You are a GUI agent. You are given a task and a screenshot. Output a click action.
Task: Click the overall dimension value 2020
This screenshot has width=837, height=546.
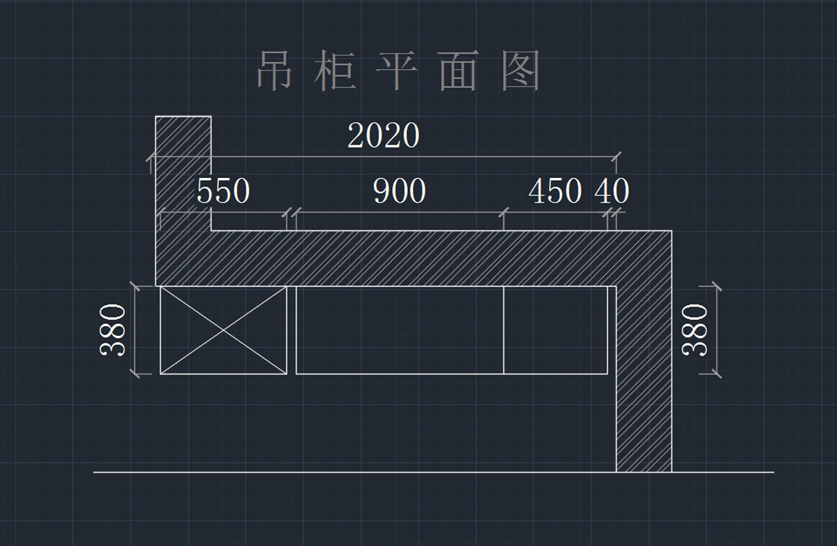[384, 135]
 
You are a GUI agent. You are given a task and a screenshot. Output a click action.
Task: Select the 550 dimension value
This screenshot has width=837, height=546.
[223, 191]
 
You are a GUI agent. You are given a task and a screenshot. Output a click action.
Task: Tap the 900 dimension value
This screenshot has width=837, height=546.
[400, 191]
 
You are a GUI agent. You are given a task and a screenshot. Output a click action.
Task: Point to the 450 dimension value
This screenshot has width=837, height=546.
[555, 191]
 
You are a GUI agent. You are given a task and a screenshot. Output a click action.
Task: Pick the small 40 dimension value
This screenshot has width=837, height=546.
[612, 191]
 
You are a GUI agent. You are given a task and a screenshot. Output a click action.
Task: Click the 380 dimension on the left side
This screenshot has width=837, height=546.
[114, 330]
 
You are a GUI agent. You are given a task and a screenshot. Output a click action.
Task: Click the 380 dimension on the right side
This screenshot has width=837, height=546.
[695, 330]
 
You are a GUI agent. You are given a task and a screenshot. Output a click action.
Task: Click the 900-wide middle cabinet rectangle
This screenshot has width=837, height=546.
[400, 330]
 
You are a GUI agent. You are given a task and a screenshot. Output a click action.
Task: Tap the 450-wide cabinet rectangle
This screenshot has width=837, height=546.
[555, 330]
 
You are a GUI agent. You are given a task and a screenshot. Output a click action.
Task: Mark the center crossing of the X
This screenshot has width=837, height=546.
[223, 330]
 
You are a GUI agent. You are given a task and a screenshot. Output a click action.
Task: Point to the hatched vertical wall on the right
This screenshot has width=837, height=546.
[644, 391]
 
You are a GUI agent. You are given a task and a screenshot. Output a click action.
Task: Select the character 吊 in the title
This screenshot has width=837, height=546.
[274, 71]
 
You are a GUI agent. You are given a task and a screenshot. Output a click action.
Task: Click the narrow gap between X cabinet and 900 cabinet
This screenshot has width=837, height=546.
[292, 330]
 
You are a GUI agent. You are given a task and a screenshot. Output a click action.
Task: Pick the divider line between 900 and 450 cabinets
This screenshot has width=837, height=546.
[504, 330]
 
